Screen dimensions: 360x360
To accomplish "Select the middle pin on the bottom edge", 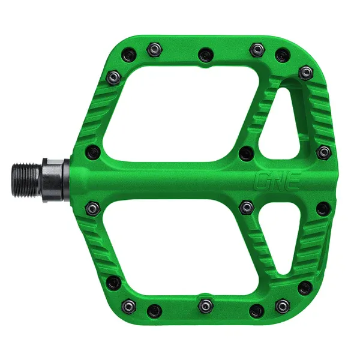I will click(x=205, y=304).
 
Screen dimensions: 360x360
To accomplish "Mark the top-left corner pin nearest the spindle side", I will click(x=113, y=76).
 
